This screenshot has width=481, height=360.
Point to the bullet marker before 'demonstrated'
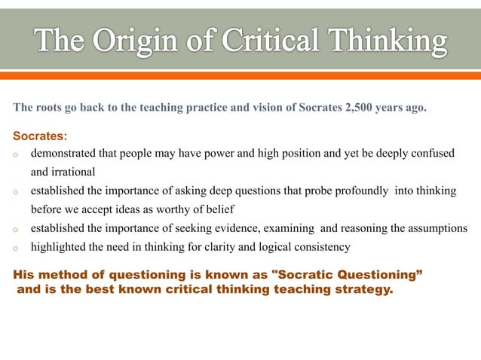click(x=16, y=155)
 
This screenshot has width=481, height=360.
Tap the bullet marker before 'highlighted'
click(x=16, y=248)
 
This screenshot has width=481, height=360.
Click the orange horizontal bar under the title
click(x=240, y=75)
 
